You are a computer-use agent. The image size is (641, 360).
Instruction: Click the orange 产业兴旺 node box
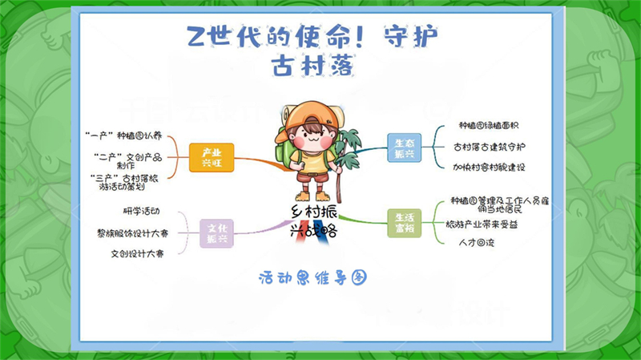pos(212,157)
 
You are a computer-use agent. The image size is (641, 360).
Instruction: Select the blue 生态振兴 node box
pos(405,148)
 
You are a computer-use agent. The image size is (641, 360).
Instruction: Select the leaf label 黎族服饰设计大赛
pos(132,233)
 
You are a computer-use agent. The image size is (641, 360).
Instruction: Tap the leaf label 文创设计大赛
pos(138,253)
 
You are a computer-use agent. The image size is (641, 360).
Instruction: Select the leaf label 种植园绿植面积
pos(489,126)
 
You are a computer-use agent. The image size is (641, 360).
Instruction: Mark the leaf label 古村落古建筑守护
pos(489,147)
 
